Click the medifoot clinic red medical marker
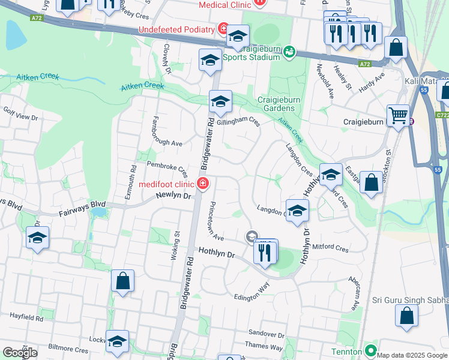pyautogui.click(x=203, y=184)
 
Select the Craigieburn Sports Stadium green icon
pyautogui.click(x=289, y=52)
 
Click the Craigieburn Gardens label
pyautogui.click(x=276, y=104)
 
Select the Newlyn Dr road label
pyautogui.click(x=173, y=196)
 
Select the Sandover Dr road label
pyautogui.click(x=265, y=334)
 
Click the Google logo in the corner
pyautogui.click(x=20, y=352)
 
